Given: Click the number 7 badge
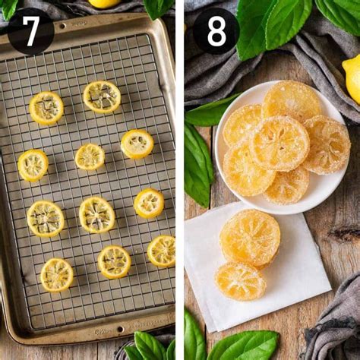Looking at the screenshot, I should click(x=30, y=30).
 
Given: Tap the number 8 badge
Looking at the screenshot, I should click(x=216, y=30).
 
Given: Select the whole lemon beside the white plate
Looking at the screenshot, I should click(x=352, y=77).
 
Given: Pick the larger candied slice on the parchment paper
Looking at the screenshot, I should click(x=250, y=237).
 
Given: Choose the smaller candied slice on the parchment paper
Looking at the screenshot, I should click(x=240, y=281).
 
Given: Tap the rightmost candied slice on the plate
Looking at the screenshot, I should click(x=327, y=144).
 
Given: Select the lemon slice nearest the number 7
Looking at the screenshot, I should click(x=46, y=108).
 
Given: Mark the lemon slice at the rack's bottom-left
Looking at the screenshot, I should click(x=57, y=274).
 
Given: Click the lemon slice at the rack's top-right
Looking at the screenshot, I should click(x=102, y=96).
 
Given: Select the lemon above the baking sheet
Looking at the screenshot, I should click(x=103, y=3).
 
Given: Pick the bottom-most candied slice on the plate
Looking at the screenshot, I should click(x=286, y=185).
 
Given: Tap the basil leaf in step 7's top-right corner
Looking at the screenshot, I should click(x=159, y=7).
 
